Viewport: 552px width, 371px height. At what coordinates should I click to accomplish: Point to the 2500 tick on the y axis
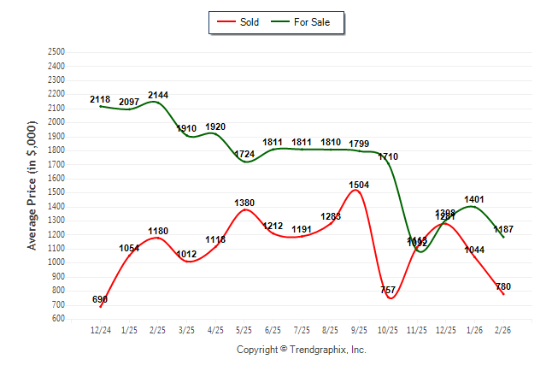coord(56,52)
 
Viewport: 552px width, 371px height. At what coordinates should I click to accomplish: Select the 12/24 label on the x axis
coord(100,330)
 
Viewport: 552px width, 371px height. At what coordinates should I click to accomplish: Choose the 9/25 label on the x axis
coord(360,330)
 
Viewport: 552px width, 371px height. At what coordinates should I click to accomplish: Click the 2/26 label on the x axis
coord(504,330)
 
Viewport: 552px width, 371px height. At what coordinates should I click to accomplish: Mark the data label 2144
coord(159,95)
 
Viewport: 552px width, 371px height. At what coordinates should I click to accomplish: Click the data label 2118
coord(100,100)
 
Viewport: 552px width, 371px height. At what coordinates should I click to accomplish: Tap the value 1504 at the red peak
coord(360,185)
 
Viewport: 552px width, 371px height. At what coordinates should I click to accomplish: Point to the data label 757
coord(388,290)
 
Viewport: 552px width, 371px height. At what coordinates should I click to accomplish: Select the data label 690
coord(100,300)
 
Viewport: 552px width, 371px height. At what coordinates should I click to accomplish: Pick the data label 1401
coord(474,200)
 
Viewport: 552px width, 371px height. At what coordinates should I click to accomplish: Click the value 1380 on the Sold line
coord(244,202)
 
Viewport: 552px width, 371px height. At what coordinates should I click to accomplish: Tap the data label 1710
coord(388,157)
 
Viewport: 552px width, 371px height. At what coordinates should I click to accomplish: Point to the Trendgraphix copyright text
coord(301,350)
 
